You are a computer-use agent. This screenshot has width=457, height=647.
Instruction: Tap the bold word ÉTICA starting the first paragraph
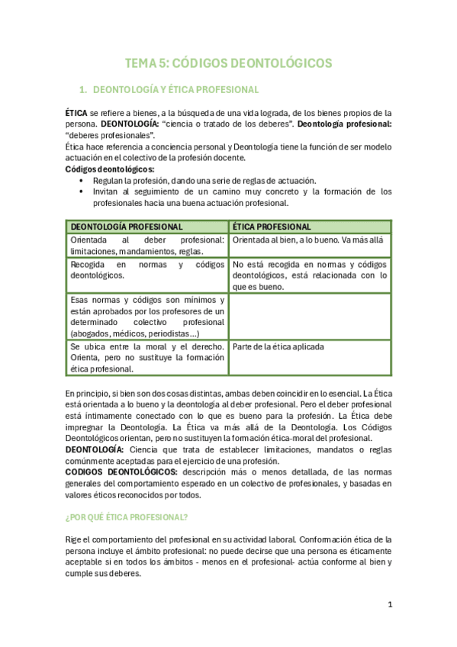[x=76, y=112]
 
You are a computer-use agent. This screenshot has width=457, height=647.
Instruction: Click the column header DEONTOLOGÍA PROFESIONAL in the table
[x=126, y=227]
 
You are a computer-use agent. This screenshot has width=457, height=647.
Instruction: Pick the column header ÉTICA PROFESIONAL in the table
[x=272, y=227]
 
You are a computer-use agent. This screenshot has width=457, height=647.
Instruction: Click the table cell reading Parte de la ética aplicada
[x=278, y=346]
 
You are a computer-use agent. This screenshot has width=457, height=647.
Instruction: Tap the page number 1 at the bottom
[x=390, y=605]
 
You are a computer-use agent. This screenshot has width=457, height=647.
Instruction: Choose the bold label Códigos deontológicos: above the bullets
[x=109, y=169]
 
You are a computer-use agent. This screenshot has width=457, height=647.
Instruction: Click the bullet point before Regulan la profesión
[x=82, y=180]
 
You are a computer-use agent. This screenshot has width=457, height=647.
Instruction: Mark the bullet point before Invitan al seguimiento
[x=82, y=192]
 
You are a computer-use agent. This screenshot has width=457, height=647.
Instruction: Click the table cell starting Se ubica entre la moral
[x=147, y=357]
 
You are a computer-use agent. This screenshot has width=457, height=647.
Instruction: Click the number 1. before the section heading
[x=85, y=89]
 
